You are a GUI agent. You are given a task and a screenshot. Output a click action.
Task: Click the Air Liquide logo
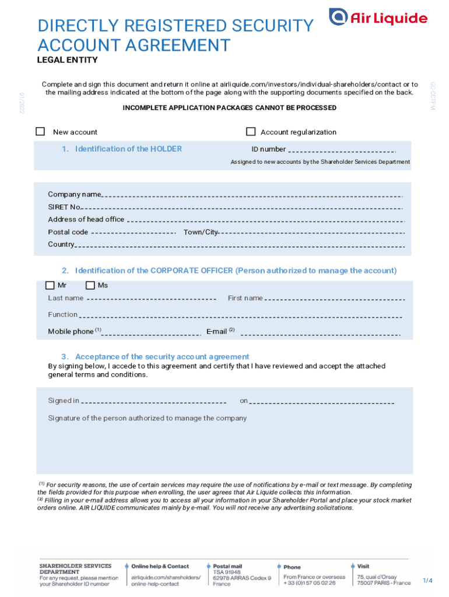[x=378, y=17]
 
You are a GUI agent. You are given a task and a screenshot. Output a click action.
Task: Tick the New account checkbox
[x=40, y=131]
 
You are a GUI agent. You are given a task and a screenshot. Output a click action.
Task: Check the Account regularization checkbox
[x=251, y=131]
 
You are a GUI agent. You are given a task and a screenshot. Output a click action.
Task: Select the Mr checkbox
[x=50, y=285]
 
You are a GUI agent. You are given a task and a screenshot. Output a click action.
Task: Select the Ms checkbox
[x=90, y=285]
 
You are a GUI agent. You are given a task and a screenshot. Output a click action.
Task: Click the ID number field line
[x=342, y=151]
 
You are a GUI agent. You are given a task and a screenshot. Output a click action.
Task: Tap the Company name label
[x=74, y=194]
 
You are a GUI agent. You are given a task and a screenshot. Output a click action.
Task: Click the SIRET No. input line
[x=242, y=208]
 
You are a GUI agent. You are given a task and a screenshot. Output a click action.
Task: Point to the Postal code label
[x=68, y=232]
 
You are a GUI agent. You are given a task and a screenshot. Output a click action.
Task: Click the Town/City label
[x=201, y=232]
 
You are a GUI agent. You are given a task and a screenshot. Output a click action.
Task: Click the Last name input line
[x=151, y=300]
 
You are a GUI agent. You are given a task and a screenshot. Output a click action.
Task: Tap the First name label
[x=245, y=298]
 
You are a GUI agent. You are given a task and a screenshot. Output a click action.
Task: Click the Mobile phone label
[x=71, y=331]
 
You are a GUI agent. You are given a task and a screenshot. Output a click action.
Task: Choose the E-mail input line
[x=320, y=335]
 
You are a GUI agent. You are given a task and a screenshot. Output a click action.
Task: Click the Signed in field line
[x=153, y=402]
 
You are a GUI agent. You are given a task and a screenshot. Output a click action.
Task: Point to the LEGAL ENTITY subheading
[x=67, y=60]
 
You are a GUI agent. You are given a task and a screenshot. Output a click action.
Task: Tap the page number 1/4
[x=427, y=581]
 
